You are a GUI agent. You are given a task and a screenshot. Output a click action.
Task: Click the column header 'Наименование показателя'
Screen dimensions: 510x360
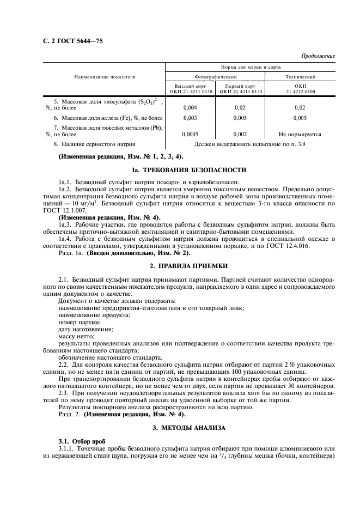coord(105,77)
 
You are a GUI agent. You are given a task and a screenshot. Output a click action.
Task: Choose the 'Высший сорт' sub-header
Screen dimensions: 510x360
coord(190,86)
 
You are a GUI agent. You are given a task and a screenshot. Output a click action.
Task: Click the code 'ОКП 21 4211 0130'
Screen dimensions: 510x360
coord(241,92)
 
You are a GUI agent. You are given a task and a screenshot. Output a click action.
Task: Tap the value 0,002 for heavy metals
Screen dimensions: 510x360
coord(240,133)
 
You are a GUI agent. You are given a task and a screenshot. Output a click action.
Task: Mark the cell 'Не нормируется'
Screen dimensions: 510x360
coord(300,133)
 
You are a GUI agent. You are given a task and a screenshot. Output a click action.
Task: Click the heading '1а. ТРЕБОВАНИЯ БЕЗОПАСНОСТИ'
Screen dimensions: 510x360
coord(188,170)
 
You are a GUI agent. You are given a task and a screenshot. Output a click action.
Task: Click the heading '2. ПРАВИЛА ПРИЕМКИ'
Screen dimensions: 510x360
coord(188,265)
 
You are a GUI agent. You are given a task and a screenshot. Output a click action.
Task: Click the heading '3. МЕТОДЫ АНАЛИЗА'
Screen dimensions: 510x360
coord(188,429)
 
